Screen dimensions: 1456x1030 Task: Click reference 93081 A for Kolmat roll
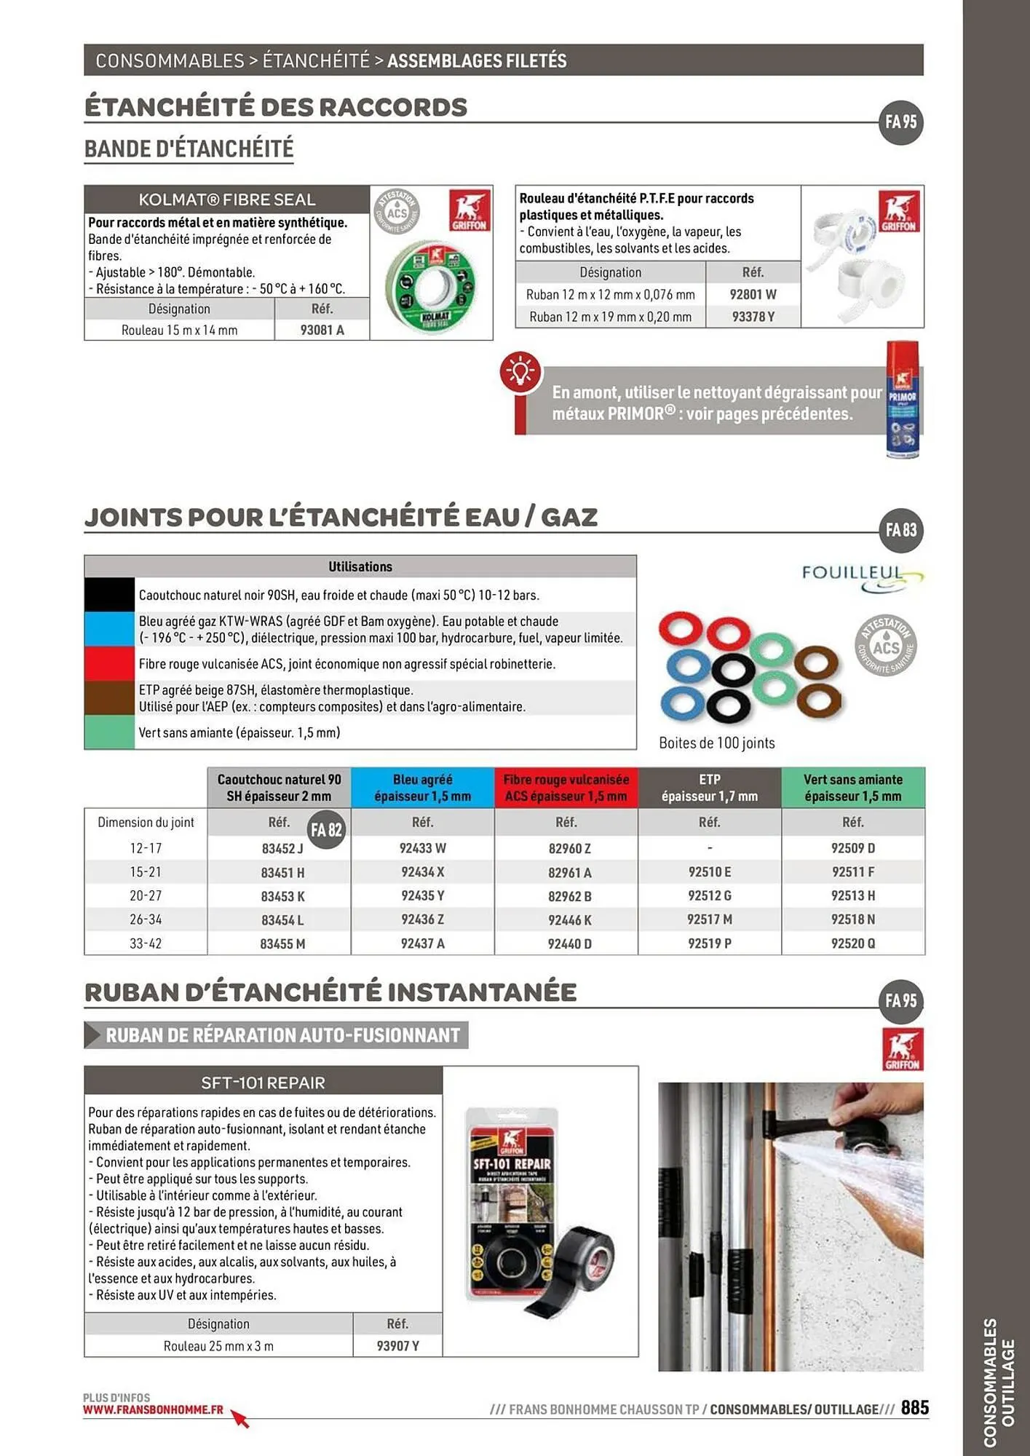point(322,330)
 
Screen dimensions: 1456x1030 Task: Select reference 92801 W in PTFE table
point(753,295)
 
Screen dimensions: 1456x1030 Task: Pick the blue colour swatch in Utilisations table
point(109,630)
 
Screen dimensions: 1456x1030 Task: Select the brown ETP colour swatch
point(109,697)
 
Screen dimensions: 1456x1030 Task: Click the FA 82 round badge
point(326,830)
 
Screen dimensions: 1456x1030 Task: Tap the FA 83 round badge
point(900,530)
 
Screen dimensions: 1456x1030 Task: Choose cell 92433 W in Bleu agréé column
point(422,848)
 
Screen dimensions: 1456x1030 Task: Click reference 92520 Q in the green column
point(852,943)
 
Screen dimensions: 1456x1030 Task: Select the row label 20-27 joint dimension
point(146,896)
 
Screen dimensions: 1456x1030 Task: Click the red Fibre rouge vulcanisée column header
point(566,788)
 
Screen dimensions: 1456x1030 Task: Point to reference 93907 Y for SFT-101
point(397,1346)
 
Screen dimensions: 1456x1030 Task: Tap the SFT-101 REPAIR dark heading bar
point(263,1083)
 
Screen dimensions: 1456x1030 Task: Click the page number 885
point(914,1408)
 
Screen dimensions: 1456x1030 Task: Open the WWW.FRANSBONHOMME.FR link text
point(153,1409)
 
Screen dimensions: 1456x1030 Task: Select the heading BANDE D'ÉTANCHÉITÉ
point(189,149)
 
